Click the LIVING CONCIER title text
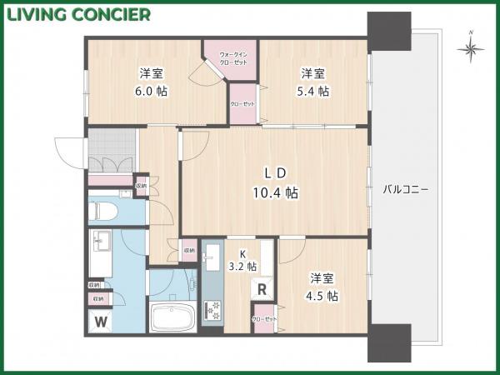pyautogui.click(x=79, y=14)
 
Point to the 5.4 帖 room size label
pyautogui.click(x=315, y=82)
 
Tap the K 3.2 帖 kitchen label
pyautogui.click(x=243, y=261)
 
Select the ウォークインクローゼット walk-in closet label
pyautogui.click(x=232, y=59)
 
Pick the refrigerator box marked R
pyautogui.click(x=262, y=291)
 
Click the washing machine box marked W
pyautogui.click(x=101, y=320)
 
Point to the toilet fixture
pyautogui.click(x=106, y=208)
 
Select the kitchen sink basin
pyautogui.click(x=211, y=253)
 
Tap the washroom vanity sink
pyautogui.click(x=104, y=242)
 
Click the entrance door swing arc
pyautogui.click(x=68, y=150)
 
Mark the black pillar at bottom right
pyautogui.click(x=388, y=342)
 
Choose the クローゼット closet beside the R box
pyautogui.click(x=265, y=319)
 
